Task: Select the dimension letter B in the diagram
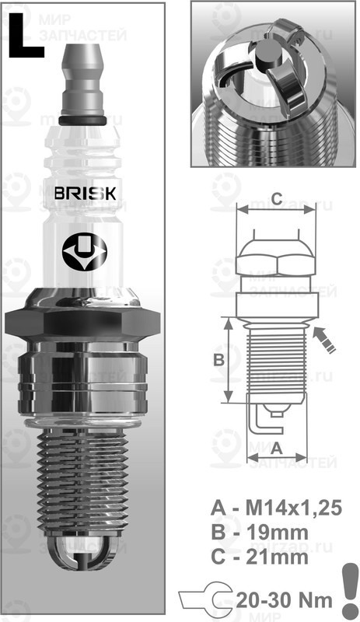220,359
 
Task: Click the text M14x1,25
288,509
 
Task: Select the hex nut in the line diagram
277,257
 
